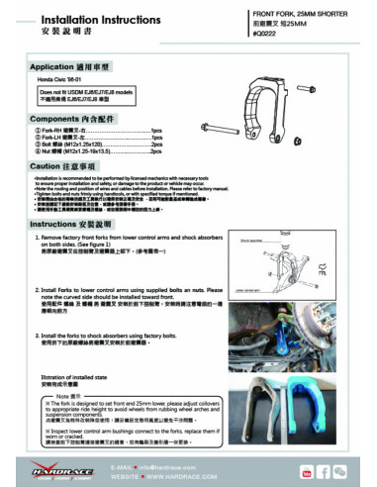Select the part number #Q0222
[268, 34]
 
